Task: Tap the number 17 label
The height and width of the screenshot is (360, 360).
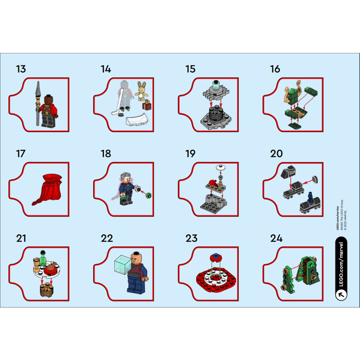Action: click(x=21, y=154)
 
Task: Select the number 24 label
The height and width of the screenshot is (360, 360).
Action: click(x=276, y=238)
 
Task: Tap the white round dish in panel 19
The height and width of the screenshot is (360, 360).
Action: click(x=220, y=167)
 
